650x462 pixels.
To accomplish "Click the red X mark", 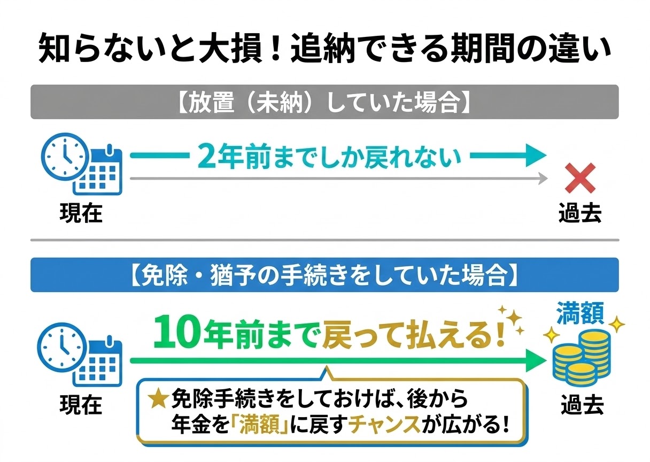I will click(580, 179).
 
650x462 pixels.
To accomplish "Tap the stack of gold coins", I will click(581, 356).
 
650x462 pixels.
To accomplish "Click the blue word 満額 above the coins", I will click(581, 313).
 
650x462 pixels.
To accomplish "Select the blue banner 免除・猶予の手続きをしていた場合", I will click(324, 275).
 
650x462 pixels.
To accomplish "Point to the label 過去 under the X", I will click(580, 213).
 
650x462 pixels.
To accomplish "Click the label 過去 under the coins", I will click(582, 405).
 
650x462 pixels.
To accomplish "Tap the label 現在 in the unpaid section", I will click(81, 213).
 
